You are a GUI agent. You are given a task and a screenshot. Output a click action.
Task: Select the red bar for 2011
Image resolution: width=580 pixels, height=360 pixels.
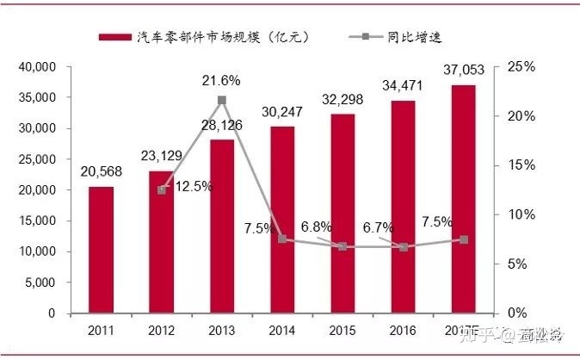click(101, 250)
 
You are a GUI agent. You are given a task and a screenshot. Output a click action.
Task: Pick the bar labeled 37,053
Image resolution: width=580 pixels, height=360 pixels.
click(463, 199)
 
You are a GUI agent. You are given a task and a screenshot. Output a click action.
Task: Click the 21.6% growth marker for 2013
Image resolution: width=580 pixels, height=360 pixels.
click(222, 101)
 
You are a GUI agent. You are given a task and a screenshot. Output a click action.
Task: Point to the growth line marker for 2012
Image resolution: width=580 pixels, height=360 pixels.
click(162, 189)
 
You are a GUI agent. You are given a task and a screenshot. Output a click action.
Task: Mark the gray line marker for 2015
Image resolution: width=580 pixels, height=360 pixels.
click(342, 246)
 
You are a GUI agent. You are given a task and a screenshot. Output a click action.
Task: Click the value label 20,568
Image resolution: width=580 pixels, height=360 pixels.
click(102, 172)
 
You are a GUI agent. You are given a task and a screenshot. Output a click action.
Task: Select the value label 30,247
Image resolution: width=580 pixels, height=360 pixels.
click(282, 111)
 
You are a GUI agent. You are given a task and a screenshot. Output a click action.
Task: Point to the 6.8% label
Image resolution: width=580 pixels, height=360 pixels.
click(318, 227)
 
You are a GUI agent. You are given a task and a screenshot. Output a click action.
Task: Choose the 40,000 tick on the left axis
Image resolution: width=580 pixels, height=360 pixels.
click(36, 67)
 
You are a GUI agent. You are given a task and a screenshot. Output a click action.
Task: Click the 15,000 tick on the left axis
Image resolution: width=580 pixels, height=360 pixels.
click(36, 220)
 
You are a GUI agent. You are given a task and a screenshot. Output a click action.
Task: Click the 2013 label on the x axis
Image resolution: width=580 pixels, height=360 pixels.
click(222, 329)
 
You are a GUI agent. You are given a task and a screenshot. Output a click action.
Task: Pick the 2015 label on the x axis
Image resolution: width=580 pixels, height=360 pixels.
click(342, 329)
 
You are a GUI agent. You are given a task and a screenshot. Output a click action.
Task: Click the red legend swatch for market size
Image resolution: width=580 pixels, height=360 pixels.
click(114, 37)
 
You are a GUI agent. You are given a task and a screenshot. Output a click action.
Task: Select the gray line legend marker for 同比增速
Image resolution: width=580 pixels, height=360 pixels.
click(365, 37)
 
